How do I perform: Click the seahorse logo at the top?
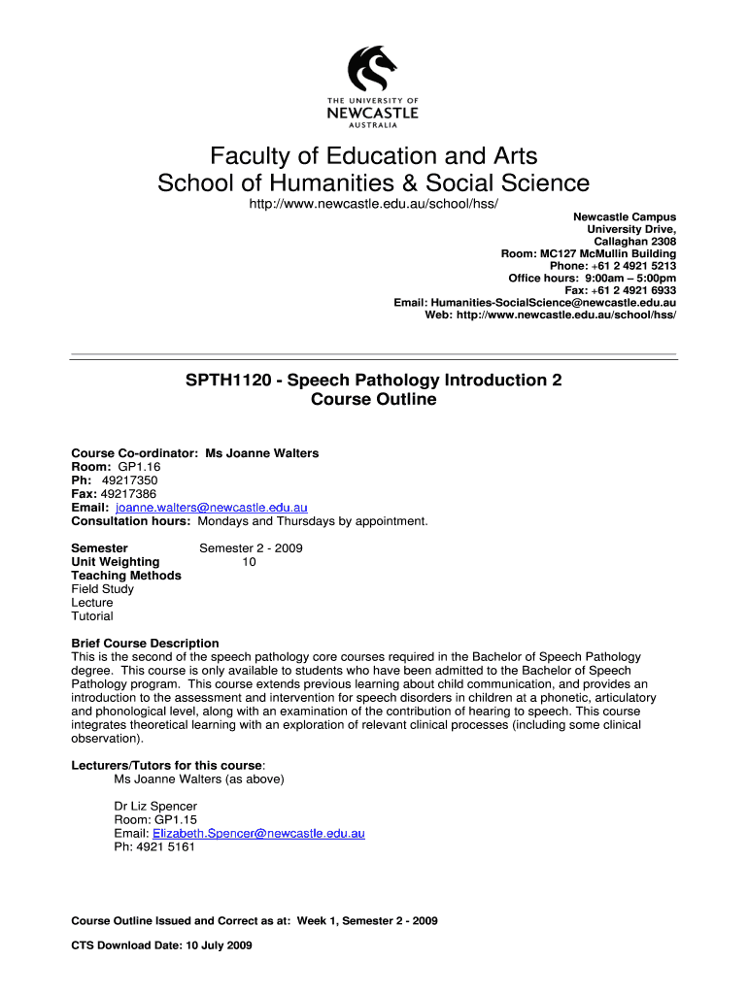point(373,68)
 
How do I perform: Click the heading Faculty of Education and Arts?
point(374,156)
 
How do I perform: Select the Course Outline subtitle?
point(374,400)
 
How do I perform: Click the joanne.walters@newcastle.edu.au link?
point(211,508)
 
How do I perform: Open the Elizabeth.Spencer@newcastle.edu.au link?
point(258,833)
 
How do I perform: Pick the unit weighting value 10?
point(250,562)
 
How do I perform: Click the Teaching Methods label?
point(126,576)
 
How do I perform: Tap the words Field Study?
point(103,589)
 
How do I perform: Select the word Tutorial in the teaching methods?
point(92,616)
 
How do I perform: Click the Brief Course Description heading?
point(146,644)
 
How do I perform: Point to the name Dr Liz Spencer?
point(155,807)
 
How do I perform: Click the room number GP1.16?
point(125,467)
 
